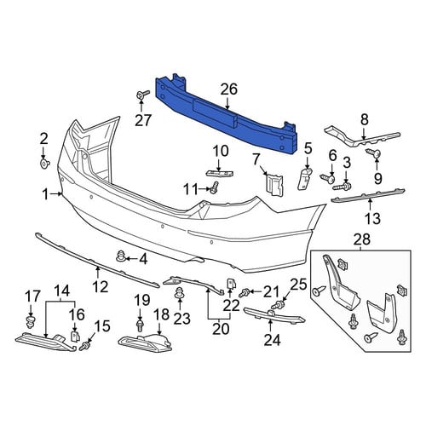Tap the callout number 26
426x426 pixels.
click(x=229, y=89)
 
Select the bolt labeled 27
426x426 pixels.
click(x=142, y=95)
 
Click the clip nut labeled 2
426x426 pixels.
click(x=44, y=164)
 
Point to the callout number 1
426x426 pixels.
click(x=45, y=195)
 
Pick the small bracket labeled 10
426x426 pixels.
click(x=219, y=173)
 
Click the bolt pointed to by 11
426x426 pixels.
click(x=215, y=187)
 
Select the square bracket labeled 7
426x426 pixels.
click(x=274, y=184)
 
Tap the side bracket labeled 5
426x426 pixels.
click(x=305, y=177)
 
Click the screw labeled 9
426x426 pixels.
click(x=373, y=153)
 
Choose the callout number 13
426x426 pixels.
click(x=372, y=219)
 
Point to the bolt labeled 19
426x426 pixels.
click(x=140, y=325)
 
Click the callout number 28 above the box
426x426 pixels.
click(x=362, y=239)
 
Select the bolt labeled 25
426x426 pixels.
click(x=278, y=306)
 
